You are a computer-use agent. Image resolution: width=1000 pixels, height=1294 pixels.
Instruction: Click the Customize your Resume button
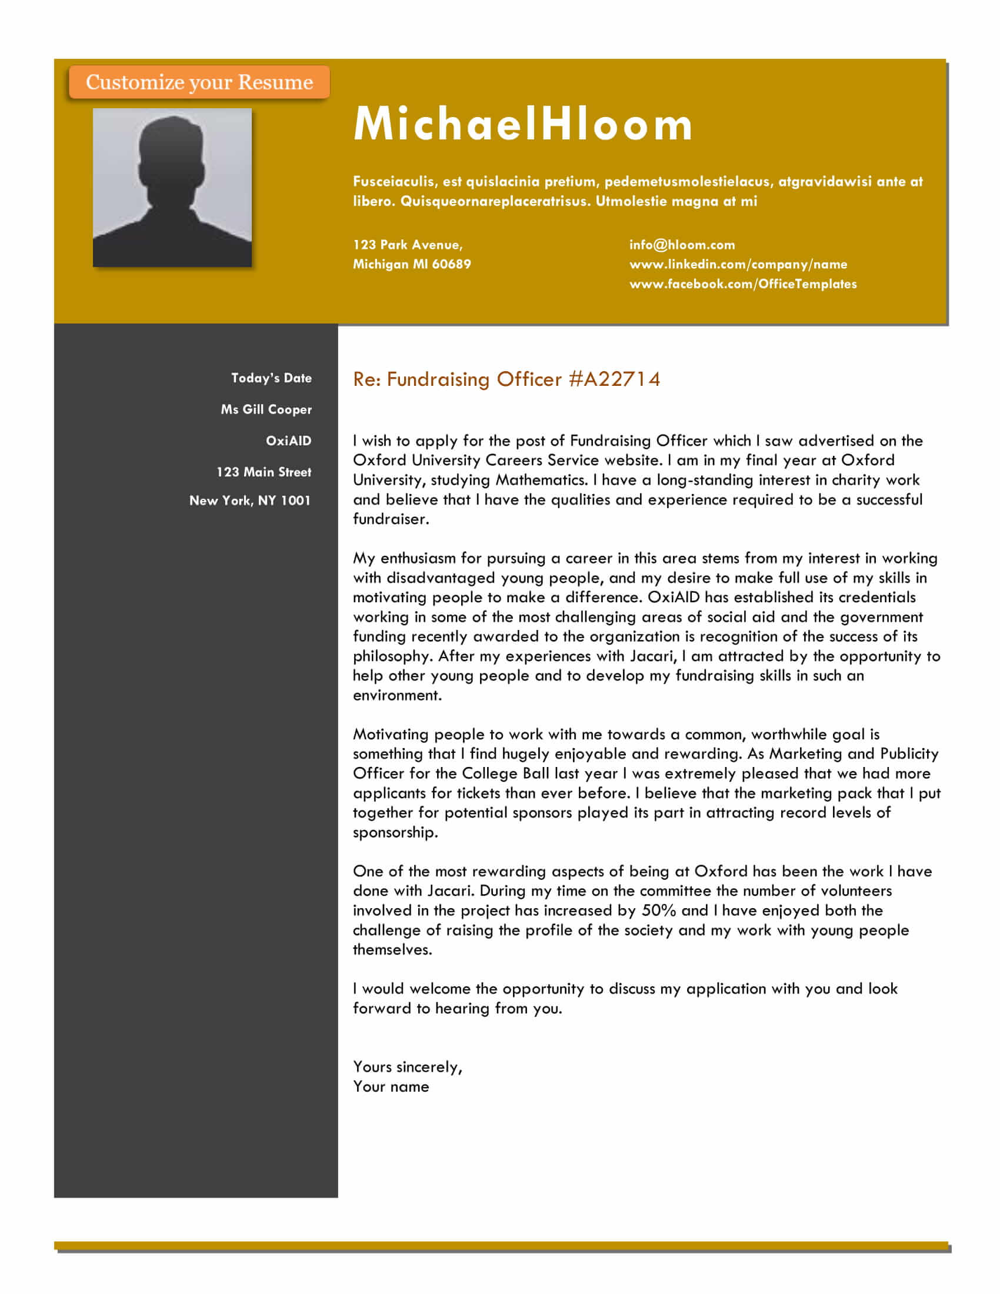tap(199, 82)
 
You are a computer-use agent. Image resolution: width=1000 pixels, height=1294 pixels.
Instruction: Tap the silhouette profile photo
tap(172, 187)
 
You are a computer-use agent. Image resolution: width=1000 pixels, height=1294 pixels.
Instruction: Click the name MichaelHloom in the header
tap(522, 124)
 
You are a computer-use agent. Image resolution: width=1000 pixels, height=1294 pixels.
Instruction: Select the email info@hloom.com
tap(682, 245)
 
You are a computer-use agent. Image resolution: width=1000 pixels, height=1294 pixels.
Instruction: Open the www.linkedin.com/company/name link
tap(738, 264)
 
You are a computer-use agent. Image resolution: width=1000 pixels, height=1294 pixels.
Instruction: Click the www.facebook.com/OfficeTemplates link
tap(743, 284)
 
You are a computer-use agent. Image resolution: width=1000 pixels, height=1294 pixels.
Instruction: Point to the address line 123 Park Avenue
tap(408, 245)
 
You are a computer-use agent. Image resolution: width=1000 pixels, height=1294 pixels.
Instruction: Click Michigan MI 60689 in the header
tap(412, 264)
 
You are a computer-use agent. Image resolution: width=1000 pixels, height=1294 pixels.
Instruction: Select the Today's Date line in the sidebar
tap(271, 378)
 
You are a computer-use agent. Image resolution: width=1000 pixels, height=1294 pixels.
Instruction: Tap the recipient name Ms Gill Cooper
tap(266, 409)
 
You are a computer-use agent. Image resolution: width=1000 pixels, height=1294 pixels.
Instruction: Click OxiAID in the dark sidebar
tap(288, 441)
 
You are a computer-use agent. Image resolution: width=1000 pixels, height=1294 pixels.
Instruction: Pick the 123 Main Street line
tap(264, 472)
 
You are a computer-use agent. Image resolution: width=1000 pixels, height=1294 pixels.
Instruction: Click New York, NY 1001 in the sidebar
tap(250, 501)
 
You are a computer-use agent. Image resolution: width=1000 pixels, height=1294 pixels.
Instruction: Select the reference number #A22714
tap(614, 379)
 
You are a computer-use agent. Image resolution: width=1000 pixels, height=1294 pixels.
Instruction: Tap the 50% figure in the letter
tap(659, 911)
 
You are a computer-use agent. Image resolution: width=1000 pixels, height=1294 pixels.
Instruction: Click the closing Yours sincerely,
tap(408, 1067)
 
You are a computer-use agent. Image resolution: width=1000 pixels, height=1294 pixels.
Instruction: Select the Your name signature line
tap(391, 1086)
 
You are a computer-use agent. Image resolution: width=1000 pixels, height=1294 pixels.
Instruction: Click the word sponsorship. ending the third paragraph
tap(395, 832)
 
